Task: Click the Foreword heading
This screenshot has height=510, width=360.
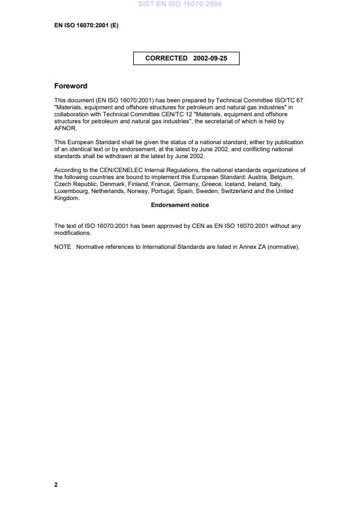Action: pos(70,86)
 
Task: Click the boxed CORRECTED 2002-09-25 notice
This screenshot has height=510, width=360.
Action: pos(186,58)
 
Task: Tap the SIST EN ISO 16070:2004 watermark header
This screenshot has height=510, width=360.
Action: pos(180,4)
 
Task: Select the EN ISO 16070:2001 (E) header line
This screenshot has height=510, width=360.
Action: pos(86,26)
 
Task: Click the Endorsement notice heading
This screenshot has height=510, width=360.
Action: pos(180,205)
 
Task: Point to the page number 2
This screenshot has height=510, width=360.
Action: pos(56,484)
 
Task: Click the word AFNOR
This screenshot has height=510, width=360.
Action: pos(62,129)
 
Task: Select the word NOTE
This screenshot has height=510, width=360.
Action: pos(62,247)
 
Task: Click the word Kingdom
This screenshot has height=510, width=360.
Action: pos(66,198)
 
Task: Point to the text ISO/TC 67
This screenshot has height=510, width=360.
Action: pos(289,101)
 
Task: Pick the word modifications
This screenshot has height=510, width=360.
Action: pos(73,233)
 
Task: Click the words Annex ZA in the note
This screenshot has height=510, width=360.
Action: pos(251,247)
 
